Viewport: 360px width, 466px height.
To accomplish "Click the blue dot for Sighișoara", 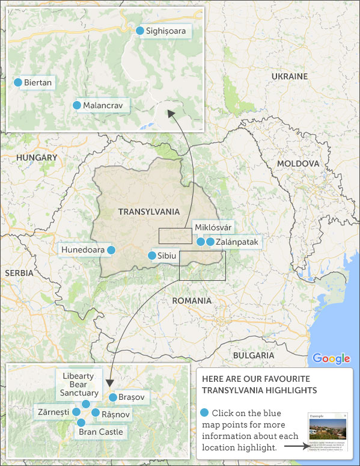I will click(x=140, y=31).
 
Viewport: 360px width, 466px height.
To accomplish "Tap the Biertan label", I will click(x=38, y=82).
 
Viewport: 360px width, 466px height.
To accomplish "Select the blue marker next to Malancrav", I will click(x=77, y=105).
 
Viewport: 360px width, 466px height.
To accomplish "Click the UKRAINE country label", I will click(x=289, y=76).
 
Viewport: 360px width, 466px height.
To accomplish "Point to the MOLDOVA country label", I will click(x=297, y=164).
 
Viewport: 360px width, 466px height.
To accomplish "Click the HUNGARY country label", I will click(x=37, y=158).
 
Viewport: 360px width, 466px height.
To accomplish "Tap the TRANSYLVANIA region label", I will click(x=149, y=212).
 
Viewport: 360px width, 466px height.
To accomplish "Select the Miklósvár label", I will click(x=213, y=227).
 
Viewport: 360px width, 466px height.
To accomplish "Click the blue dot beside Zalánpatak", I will click(x=210, y=242).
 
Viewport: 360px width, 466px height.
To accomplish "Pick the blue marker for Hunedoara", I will click(x=111, y=250).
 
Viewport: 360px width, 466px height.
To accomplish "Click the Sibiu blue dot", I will click(x=152, y=256).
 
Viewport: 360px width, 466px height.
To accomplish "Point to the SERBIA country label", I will click(x=19, y=273).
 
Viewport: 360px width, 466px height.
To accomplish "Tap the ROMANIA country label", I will click(x=192, y=301).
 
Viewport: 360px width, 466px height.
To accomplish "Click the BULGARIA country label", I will click(x=254, y=355).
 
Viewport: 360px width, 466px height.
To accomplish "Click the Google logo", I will click(x=331, y=359).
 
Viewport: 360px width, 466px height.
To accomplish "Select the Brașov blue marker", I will click(x=113, y=397).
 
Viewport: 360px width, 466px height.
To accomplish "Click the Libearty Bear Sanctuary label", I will click(x=78, y=384).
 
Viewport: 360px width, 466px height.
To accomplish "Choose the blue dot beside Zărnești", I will click(x=76, y=412).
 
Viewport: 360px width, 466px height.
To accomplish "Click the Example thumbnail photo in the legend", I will click(x=327, y=431).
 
